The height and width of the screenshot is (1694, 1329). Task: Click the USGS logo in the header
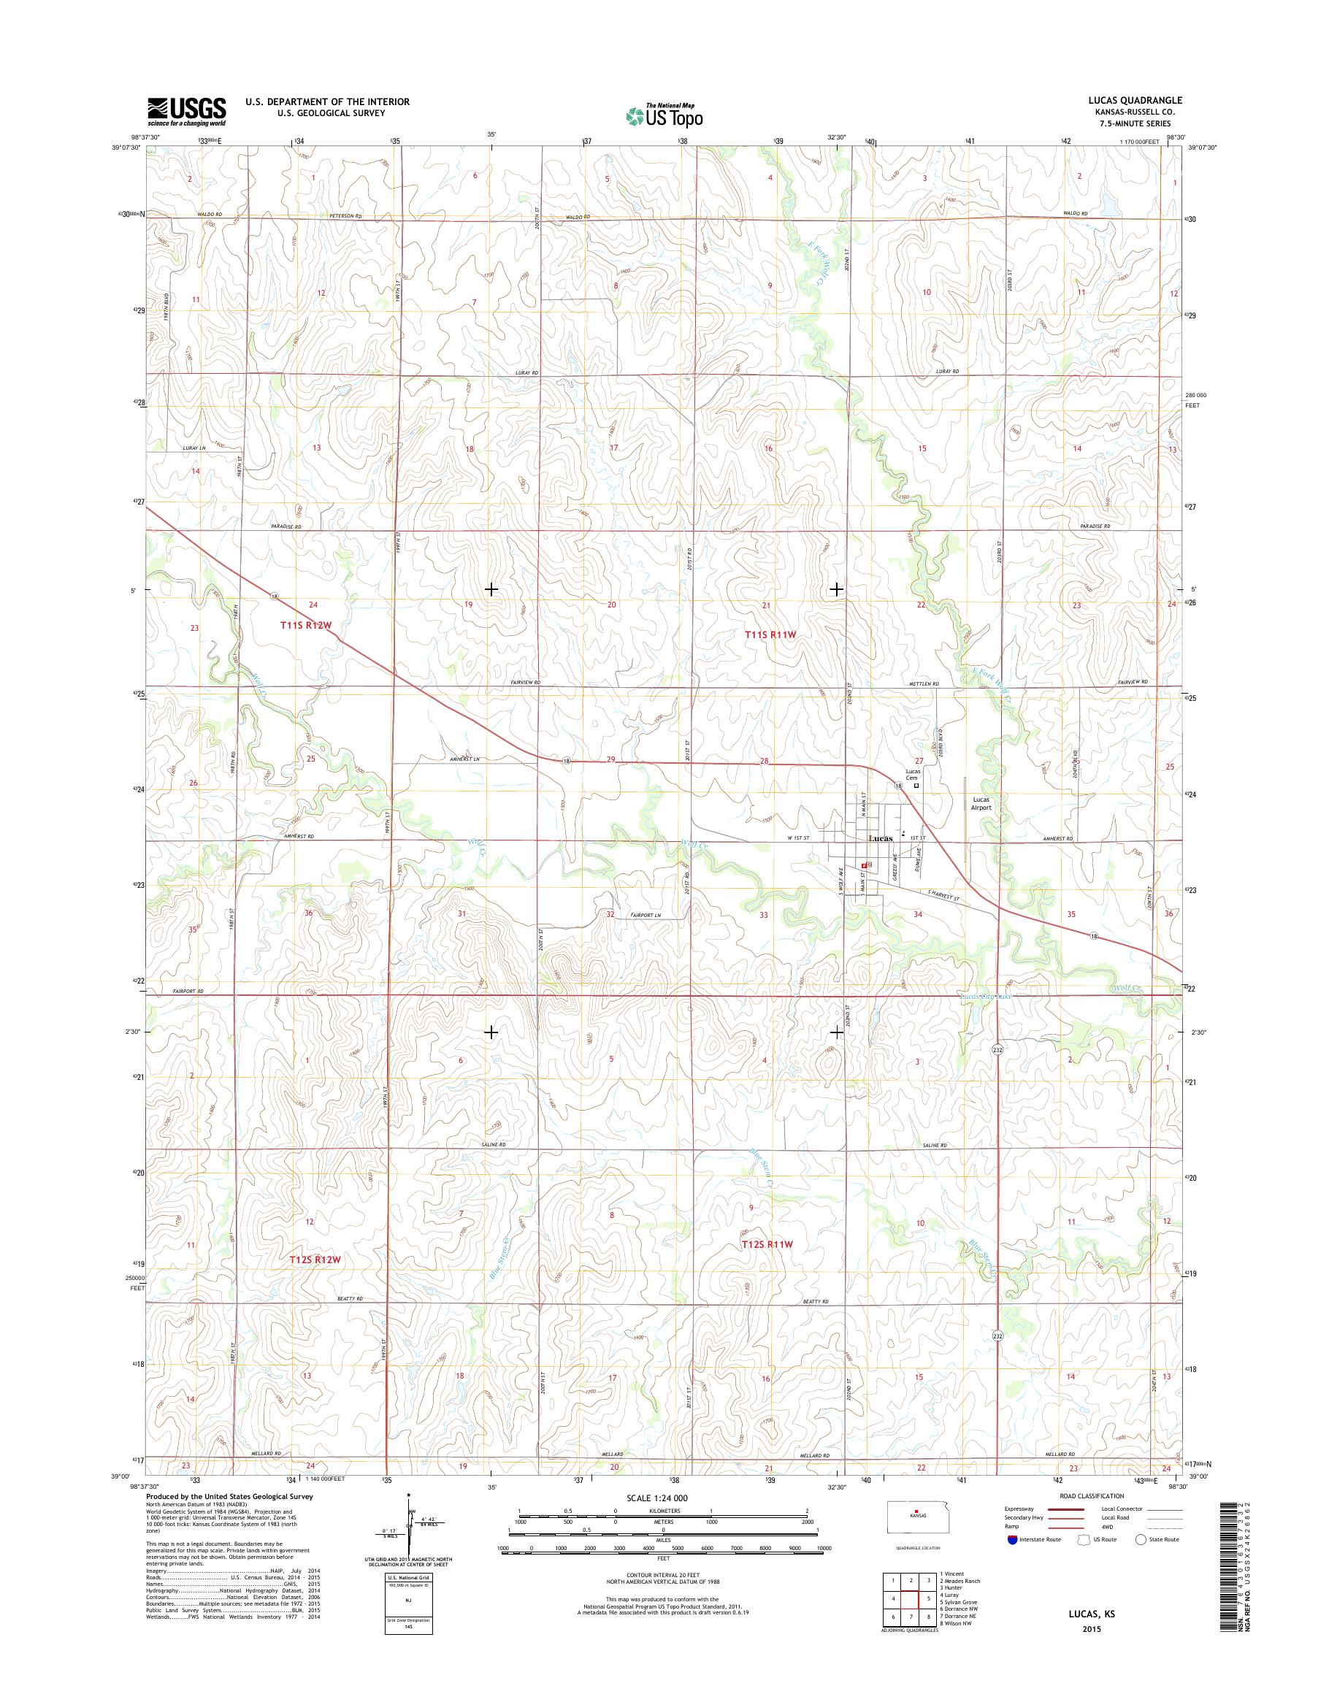coord(187,111)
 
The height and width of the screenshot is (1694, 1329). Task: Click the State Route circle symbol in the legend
coord(1141,1539)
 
